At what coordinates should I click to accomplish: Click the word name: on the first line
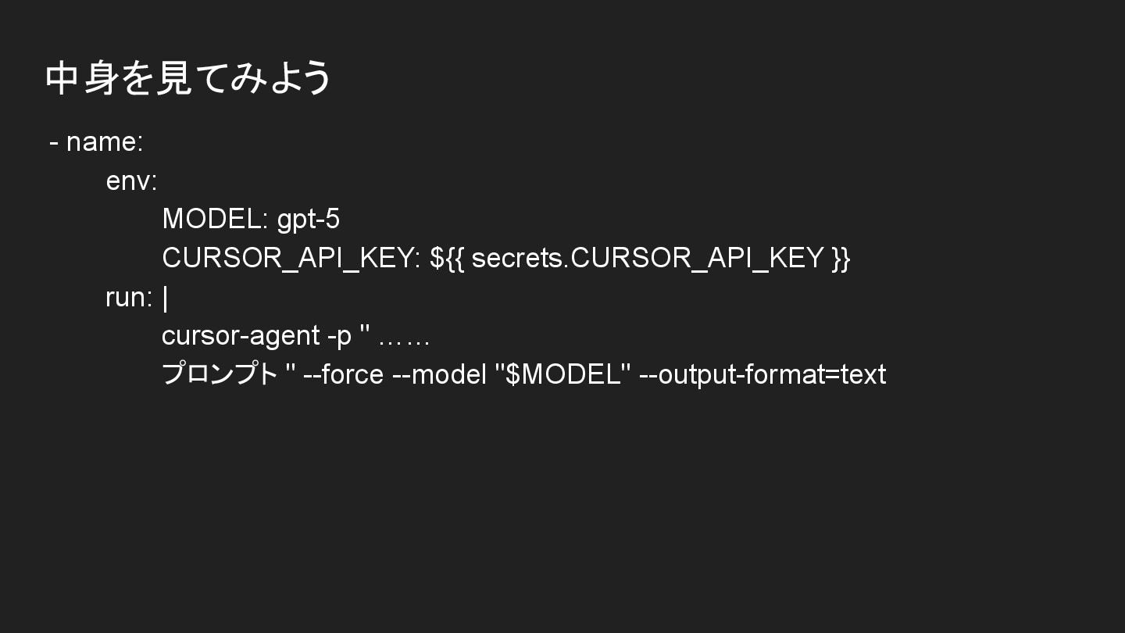(105, 142)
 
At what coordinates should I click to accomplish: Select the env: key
(131, 181)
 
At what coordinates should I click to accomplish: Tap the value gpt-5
(309, 220)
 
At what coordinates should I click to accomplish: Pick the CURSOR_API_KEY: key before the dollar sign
(291, 258)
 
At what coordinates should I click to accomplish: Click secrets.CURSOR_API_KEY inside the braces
(648, 258)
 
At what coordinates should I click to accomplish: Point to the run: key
(129, 298)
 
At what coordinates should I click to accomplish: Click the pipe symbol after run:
(166, 298)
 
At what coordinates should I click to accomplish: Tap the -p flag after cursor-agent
(339, 336)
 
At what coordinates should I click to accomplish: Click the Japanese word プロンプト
(220, 374)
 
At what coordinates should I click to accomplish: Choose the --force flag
(343, 375)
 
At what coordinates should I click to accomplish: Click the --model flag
(440, 375)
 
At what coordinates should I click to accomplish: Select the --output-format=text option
(762, 375)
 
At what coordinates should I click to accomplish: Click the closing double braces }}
(841, 258)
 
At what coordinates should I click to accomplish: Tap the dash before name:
(54, 143)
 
